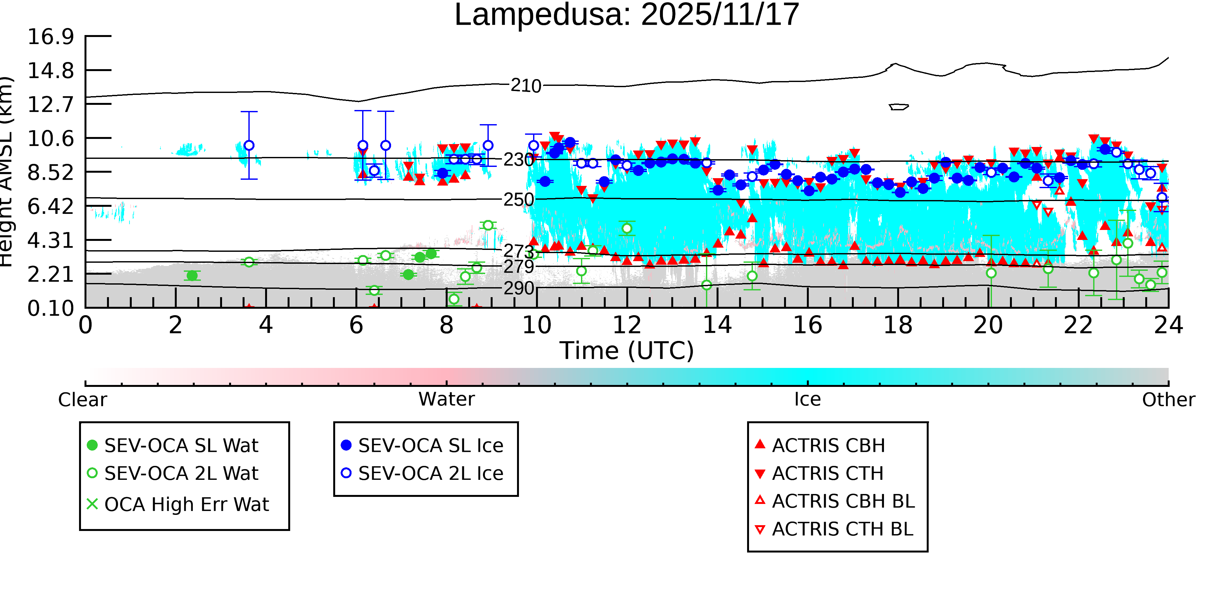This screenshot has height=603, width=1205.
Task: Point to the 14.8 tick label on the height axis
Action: click(x=50, y=71)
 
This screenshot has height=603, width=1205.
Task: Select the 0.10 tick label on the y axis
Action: click(x=50, y=308)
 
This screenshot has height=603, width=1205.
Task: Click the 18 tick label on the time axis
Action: click(x=898, y=325)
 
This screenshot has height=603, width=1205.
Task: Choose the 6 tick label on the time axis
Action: click(x=356, y=325)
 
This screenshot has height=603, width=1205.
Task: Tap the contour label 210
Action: click(x=526, y=86)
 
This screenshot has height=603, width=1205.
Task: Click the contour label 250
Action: click(x=518, y=200)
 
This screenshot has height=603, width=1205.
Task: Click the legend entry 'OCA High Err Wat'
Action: click(x=186, y=505)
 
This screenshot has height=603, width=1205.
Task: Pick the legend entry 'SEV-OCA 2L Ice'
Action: click(x=430, y=473)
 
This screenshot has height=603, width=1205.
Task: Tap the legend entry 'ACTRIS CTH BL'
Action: click(x=842, y=529)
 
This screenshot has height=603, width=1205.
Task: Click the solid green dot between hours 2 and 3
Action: click(x=192, y=276)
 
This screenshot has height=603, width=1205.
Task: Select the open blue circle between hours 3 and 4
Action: click(x=249, y=146)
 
